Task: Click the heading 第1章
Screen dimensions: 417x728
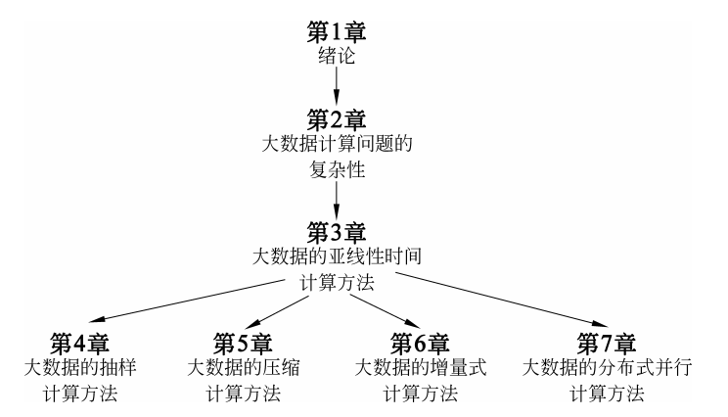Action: [337, 29]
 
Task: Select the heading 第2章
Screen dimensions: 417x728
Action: [337, 120]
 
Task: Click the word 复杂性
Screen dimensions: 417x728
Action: [337, 173]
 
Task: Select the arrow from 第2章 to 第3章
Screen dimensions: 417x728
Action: [337, 201]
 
